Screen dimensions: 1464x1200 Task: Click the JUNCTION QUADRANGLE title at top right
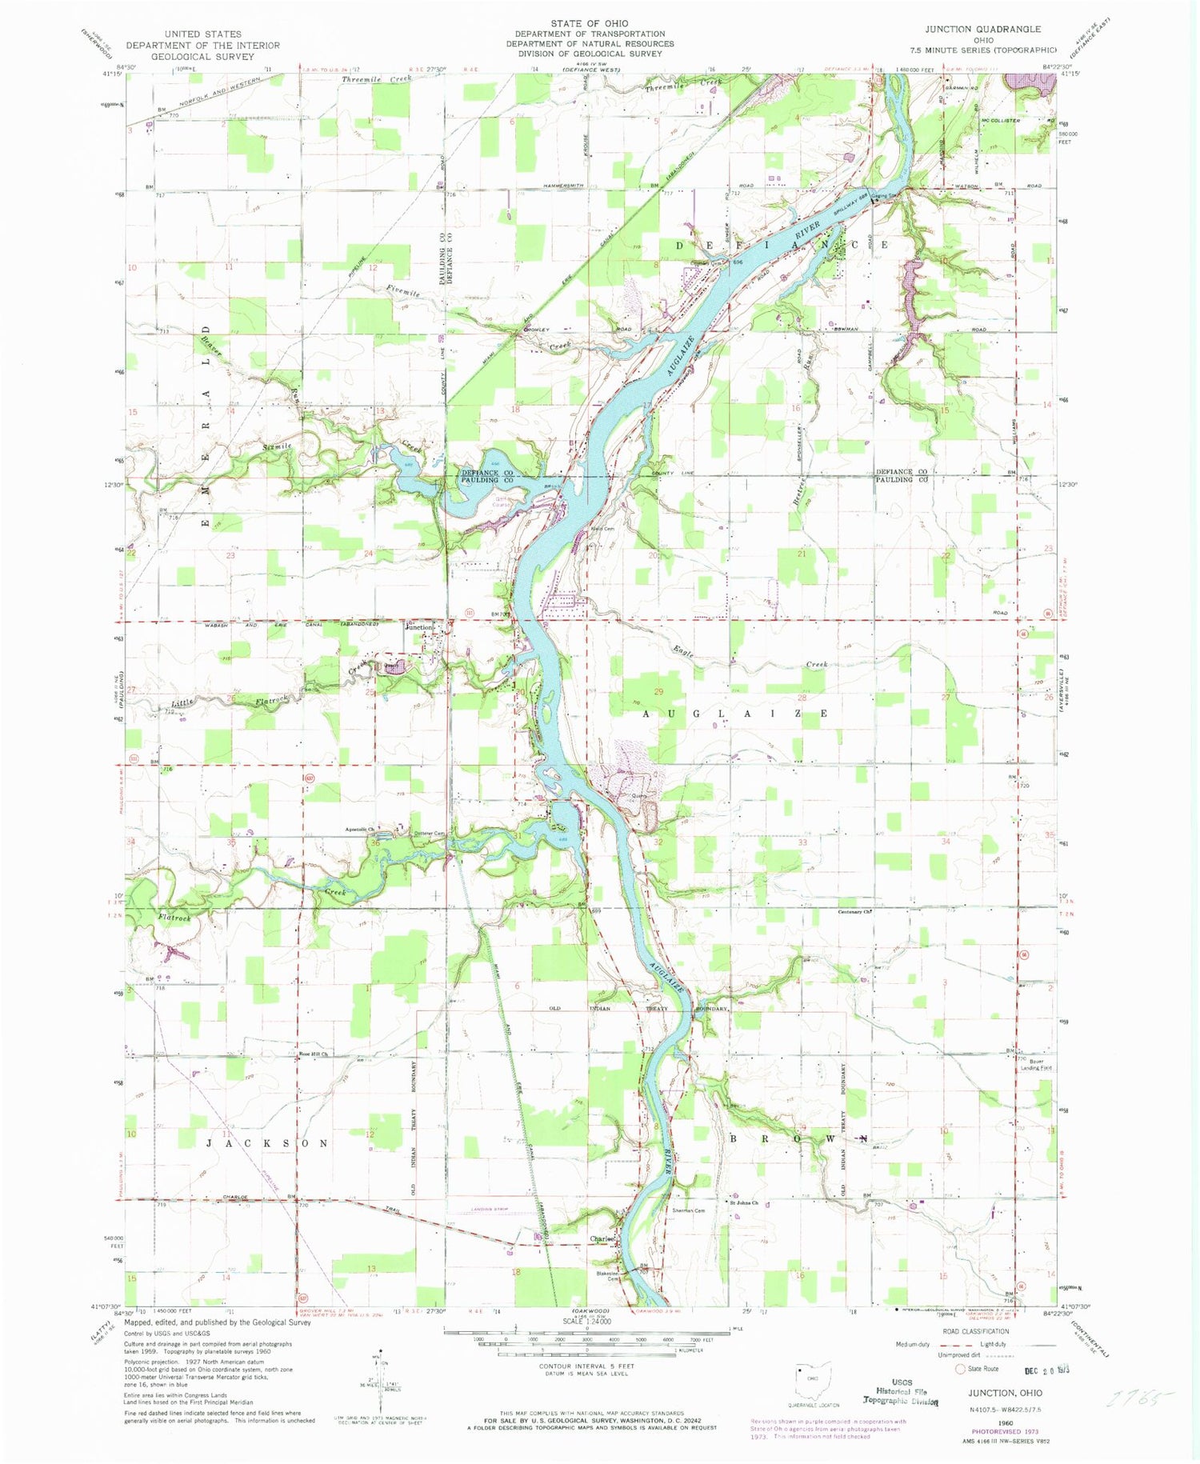click(x=983, y=29)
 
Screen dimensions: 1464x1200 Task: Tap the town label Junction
click(x=418, y=627)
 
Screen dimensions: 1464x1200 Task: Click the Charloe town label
click(x=602, y=1239)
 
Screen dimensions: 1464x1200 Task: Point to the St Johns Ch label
click(x=742, y=1202)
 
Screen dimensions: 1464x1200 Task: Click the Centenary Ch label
click(x=854, y=911)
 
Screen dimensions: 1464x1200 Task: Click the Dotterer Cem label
click(x=429, y=834)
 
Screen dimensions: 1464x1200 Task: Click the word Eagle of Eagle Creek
click(x=684, y=652)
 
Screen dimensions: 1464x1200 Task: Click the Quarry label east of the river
click(x=638, y=795)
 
